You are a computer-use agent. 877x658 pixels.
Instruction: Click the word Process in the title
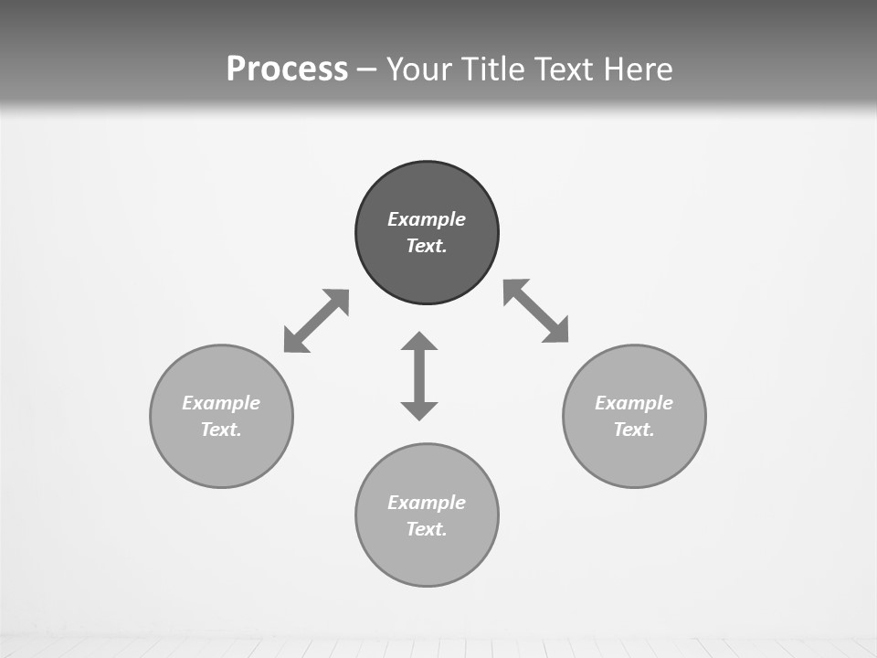point(287,69)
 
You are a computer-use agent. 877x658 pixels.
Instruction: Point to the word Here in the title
point(643,69)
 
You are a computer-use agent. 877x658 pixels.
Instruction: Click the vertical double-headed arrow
point(419,377)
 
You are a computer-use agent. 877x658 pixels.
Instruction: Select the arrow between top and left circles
point(316,321)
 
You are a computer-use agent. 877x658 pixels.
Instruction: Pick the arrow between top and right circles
point(536,311)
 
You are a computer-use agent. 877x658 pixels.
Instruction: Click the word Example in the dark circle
point(427,219)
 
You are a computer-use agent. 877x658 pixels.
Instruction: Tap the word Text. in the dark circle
point(427,246)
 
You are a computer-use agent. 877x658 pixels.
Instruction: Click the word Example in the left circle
point(221,403)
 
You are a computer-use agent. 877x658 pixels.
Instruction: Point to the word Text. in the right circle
point(634,430)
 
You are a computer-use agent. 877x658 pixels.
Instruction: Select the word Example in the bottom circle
point(427,503)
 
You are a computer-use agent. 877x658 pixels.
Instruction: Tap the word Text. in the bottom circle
point(427,529)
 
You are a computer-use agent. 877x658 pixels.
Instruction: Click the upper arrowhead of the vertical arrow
point(419,342)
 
